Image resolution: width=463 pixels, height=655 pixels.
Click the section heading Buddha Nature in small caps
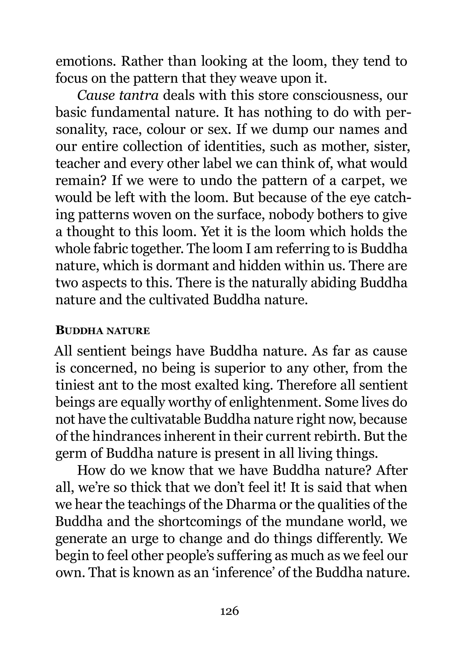(x=103, y=331)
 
